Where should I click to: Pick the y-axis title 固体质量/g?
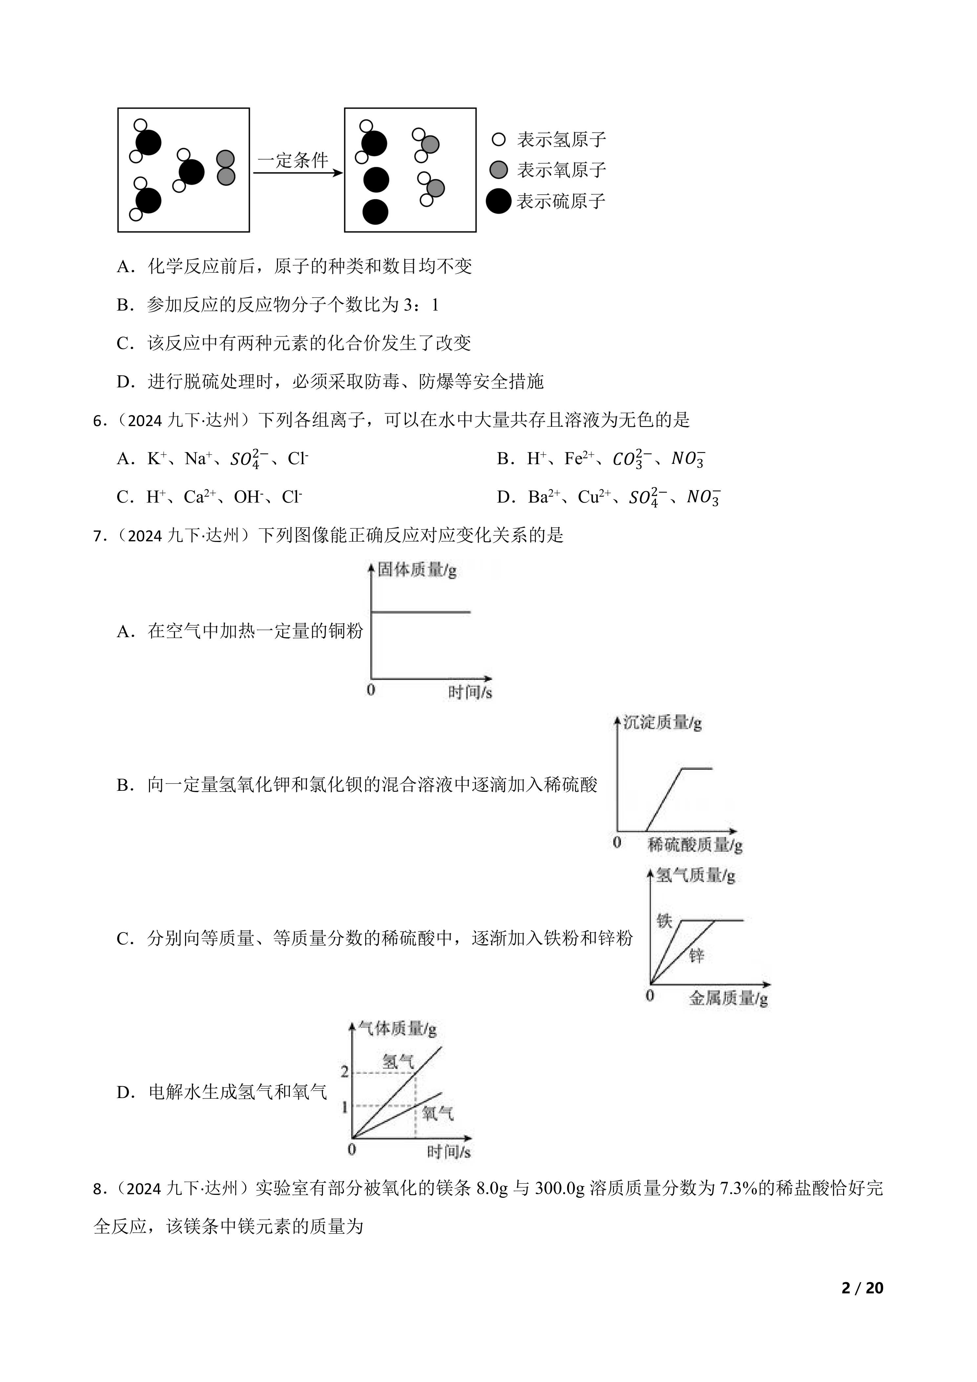pyautogui.click(x=417, y=570)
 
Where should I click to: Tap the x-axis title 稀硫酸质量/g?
pyautogui.click(x=695, y=845)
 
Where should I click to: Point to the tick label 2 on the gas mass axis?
pyautogui.click(x=345, y=1071)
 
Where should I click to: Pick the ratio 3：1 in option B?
pyautogui.click(x=421, y=306)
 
